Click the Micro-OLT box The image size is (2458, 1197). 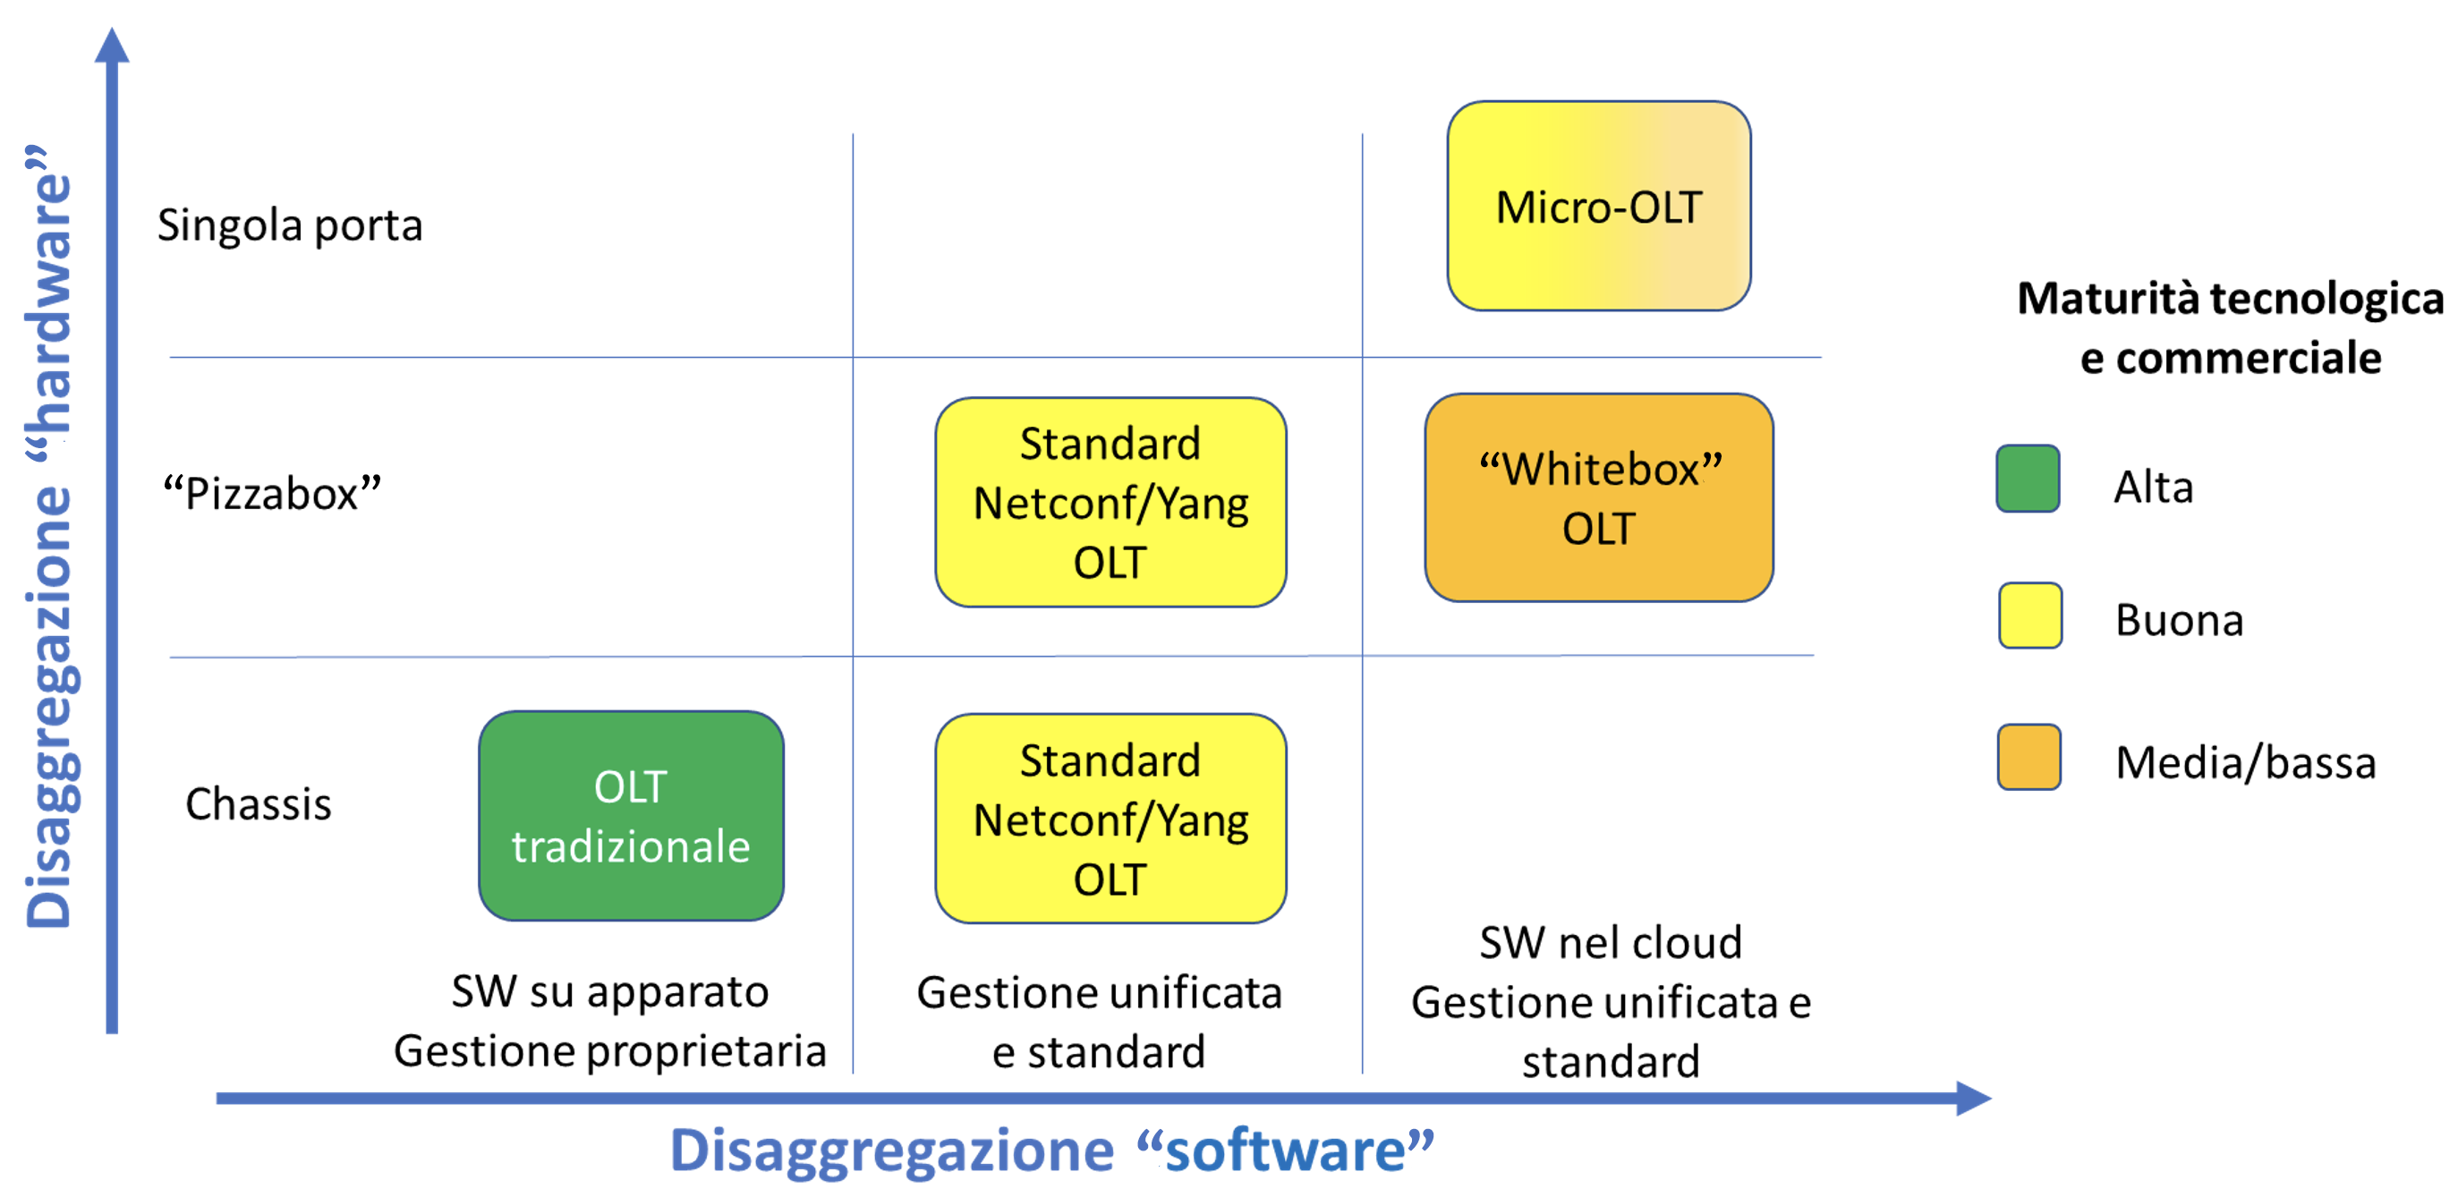(1598, 206)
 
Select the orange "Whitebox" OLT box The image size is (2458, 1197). (1598, 498)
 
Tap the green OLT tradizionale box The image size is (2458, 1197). (631, 816)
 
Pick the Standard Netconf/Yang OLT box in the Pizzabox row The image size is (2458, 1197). (1110, 503)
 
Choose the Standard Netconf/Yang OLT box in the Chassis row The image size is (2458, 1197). (1110, 819)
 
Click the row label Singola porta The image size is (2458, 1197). (290, 226)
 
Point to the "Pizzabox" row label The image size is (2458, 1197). (272, 493)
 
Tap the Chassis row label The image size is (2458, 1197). (259, 804)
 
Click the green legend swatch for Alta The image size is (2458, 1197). (2028, 479)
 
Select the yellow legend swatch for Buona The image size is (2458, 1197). (2029, 615)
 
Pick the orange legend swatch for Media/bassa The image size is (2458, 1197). (2028, 758)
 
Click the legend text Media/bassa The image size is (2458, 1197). (2245, 763)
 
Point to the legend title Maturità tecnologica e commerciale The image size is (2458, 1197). (2230, 328)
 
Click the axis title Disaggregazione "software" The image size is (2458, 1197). (1051, 1150)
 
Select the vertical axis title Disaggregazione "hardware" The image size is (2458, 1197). (49, 536)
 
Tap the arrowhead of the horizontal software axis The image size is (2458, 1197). (1973, 1098)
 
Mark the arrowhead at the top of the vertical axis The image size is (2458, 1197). (112, 45)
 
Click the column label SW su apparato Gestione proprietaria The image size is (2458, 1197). (609, 1022)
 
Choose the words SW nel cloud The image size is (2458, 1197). (1611, 942)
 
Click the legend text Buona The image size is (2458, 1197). (2180, 620)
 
